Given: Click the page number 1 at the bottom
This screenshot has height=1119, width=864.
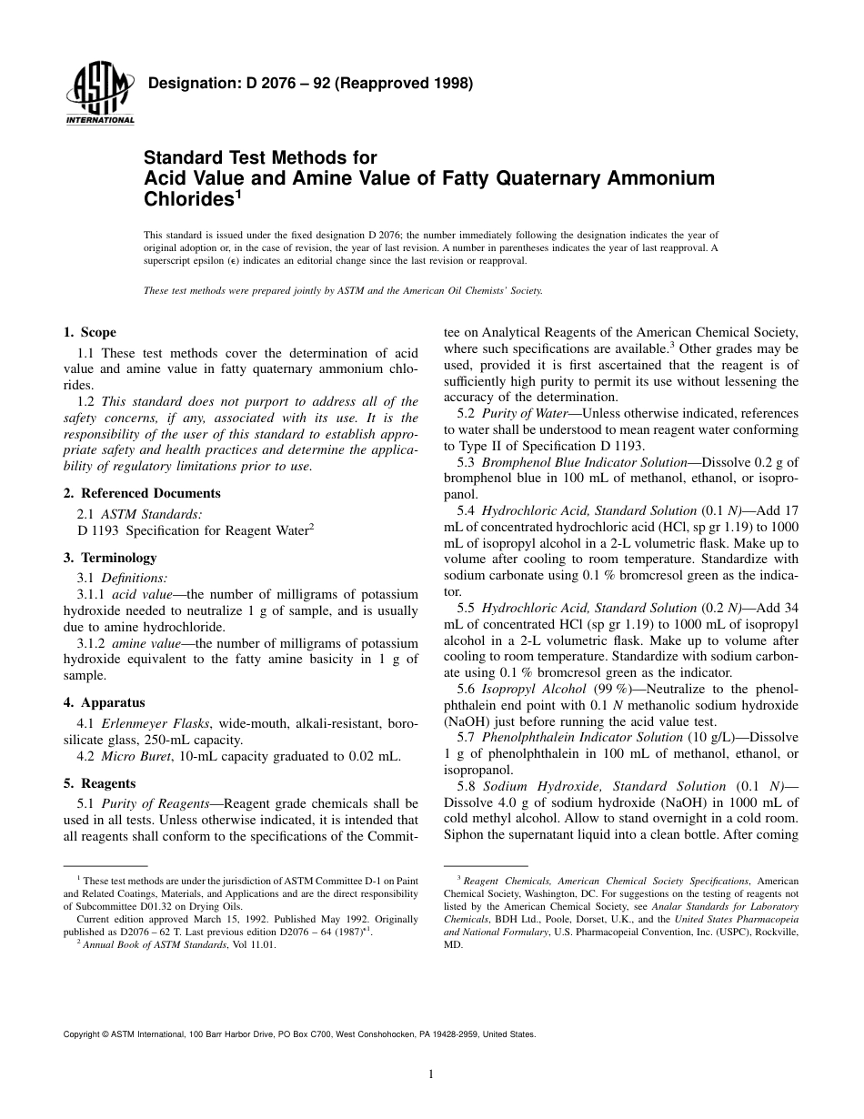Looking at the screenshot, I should [x=432, y=1074].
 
